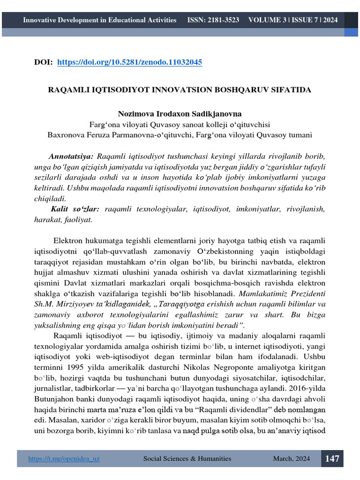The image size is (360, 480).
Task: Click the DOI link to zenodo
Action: click(130, 62)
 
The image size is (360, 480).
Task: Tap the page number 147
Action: click(332, 458)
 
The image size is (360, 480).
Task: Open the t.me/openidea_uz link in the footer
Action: click(64, 459)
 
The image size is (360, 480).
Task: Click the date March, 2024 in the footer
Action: click(292, 459)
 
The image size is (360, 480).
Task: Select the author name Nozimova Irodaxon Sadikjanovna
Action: click(180, 114)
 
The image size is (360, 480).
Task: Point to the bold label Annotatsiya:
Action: click(71, 156)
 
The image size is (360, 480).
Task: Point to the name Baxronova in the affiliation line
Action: click(66, 135)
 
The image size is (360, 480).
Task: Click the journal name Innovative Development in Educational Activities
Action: click(100, 20)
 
